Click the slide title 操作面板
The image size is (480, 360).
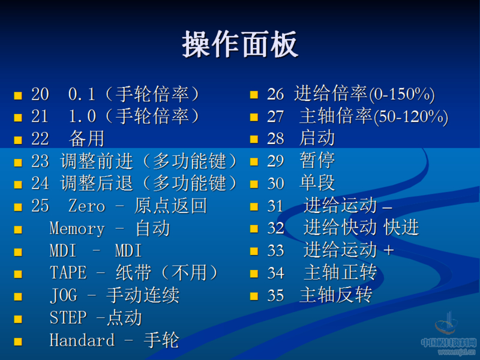click(x=240, y=45)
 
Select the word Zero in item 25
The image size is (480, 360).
click(x=86, y=206)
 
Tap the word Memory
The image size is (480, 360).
click(x=77, y=229)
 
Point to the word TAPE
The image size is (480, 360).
click(x=68, y=273)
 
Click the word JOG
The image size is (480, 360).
click(x=63, y=295)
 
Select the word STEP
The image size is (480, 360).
click(x=68, y=317)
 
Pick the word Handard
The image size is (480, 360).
click(x=82, y=340)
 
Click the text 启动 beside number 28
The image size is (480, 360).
click(x=317, y=139)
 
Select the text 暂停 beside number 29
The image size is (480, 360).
click(x=317, y=161)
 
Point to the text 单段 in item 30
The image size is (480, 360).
click(x=317, y=183)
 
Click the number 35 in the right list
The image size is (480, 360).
click(x=275, y=295)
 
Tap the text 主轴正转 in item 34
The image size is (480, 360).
click(x=340, y=273)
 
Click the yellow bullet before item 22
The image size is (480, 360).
click(x=18, y=140)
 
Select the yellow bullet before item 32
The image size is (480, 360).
click(x=254, y=229)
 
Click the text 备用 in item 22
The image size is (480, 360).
click(x=86, y=139)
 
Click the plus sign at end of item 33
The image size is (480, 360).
click(x=388, y=251)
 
